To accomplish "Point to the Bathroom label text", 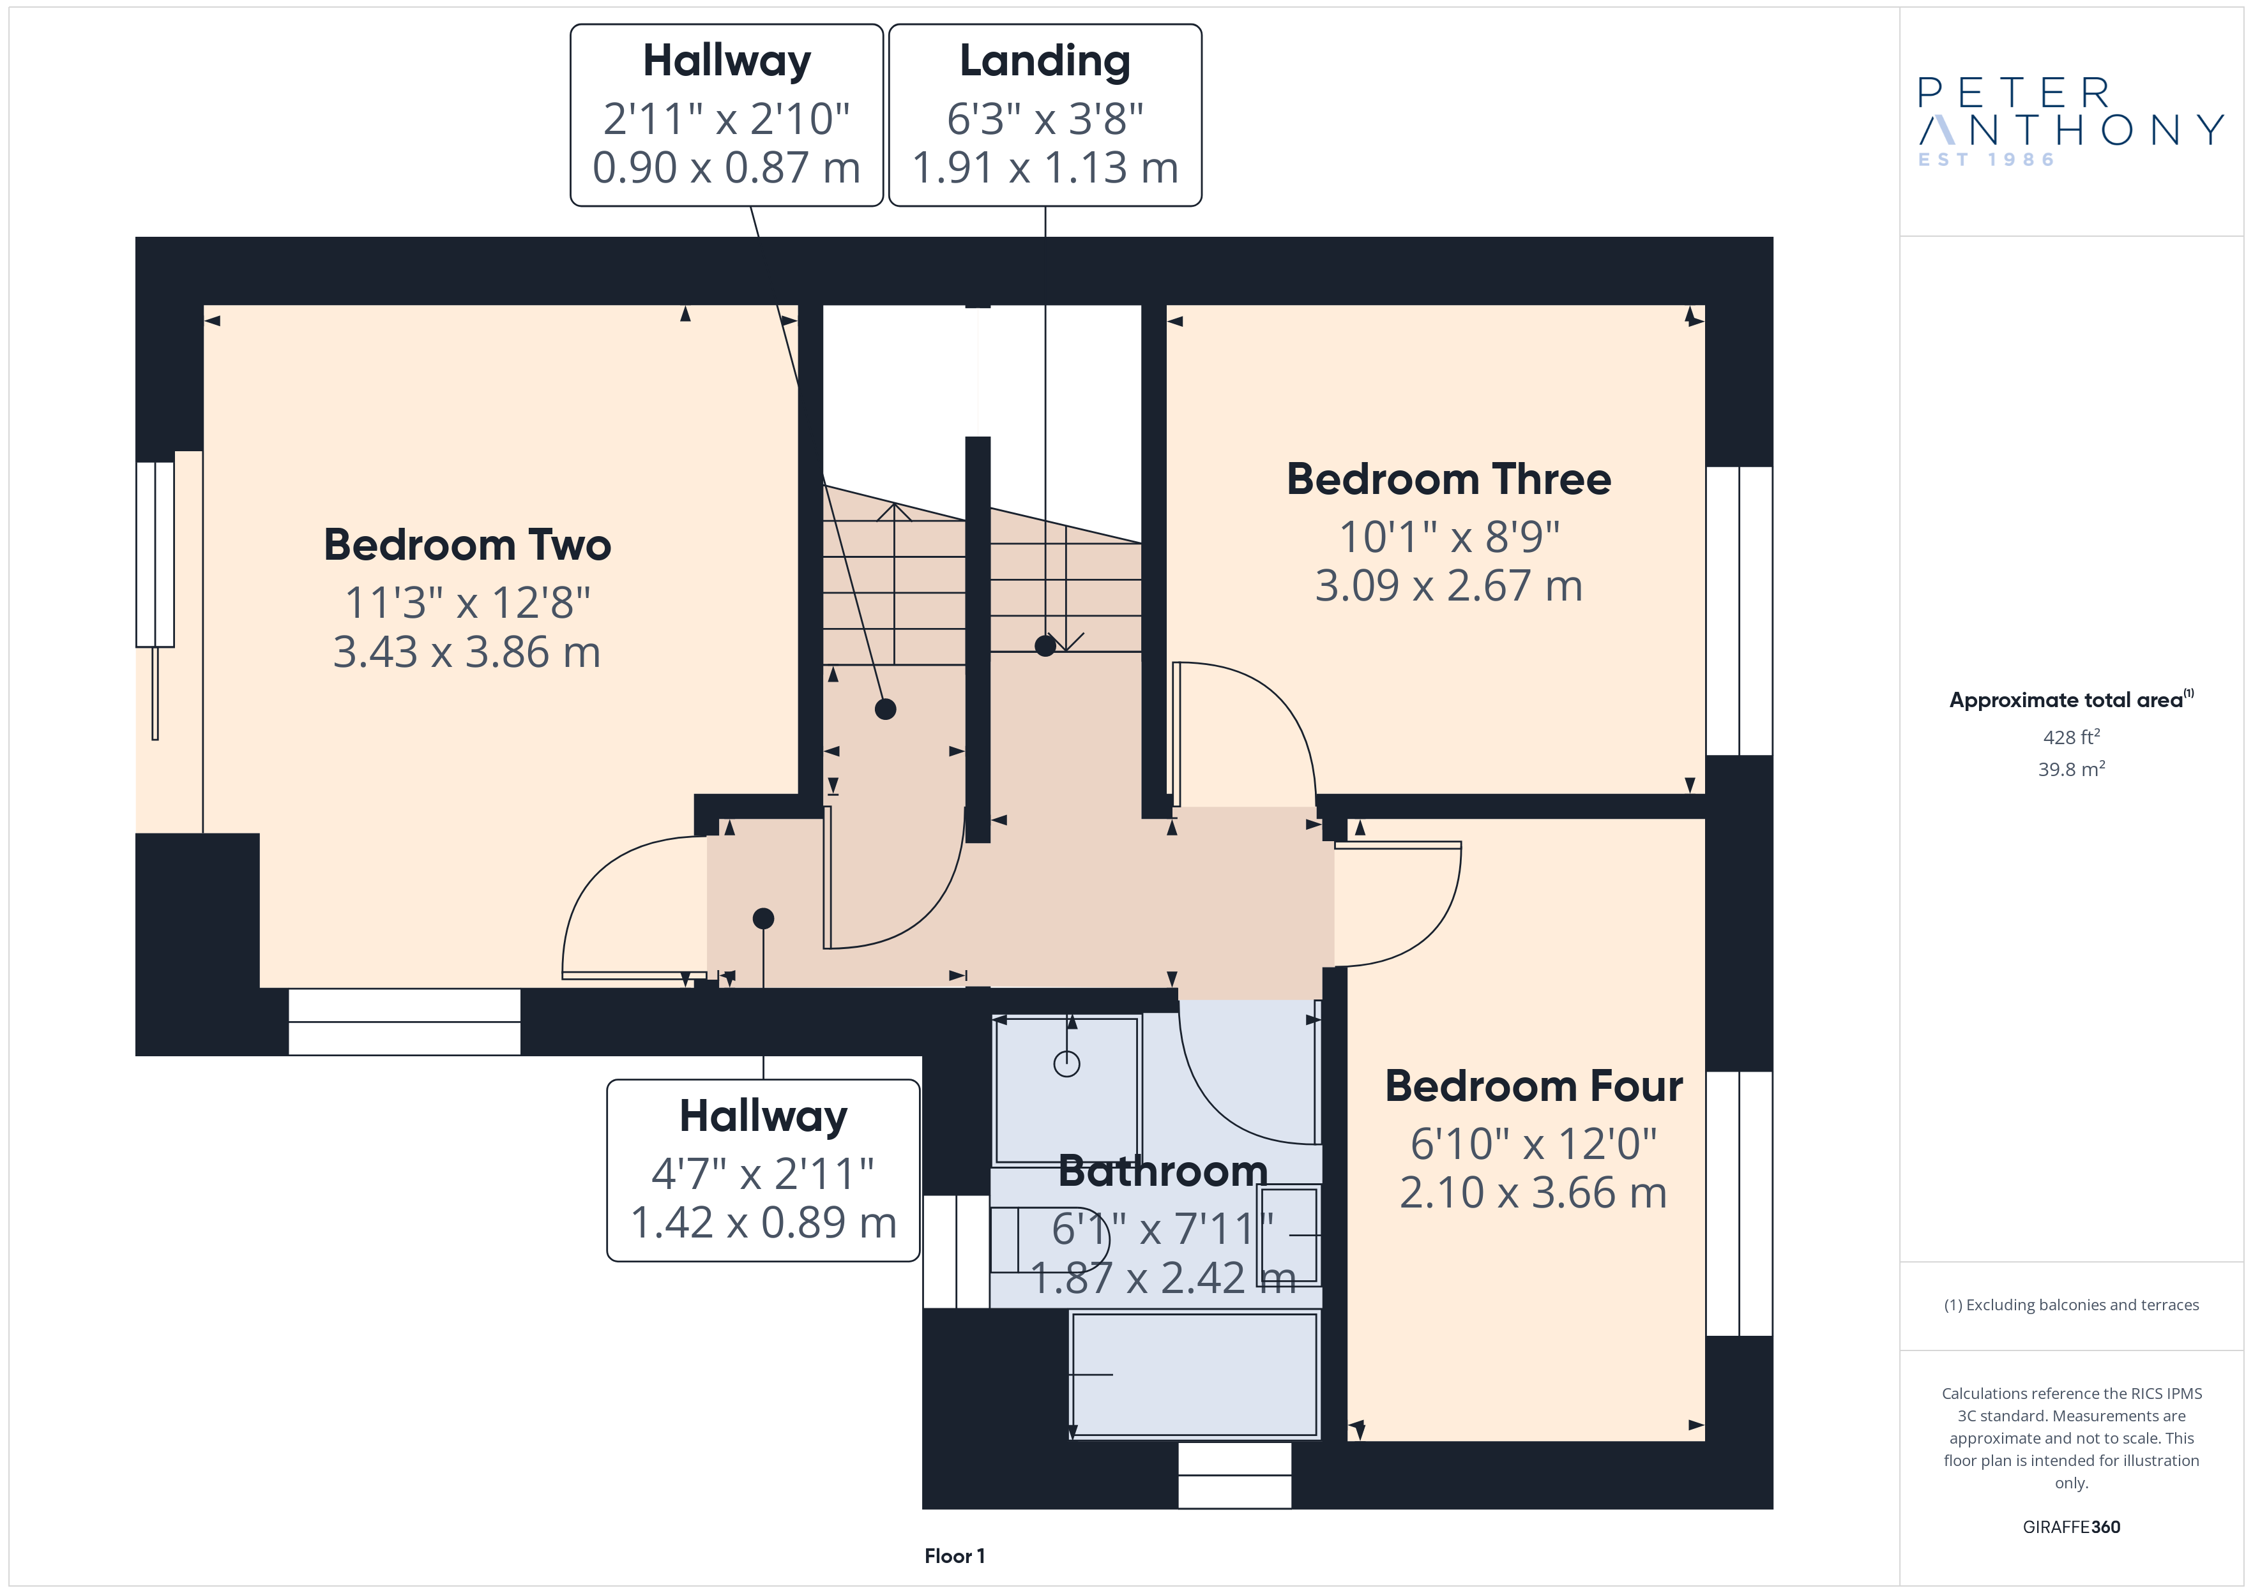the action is tap(1163, 1170).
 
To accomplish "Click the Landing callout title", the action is tap(1045, 61).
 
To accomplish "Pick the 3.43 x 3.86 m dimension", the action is tap(467, 652).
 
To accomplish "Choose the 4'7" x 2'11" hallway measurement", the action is tap(762, 1172).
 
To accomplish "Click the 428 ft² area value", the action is tap(2072, 737).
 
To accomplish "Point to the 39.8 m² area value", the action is tap(2072, 769).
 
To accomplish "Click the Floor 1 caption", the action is tap(954, 1556).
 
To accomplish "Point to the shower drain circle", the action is tap(1066, 1063).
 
